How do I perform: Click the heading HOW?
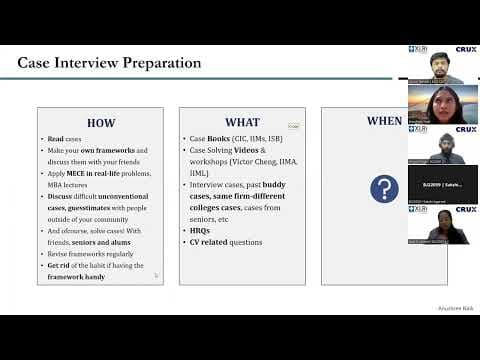[101, 123]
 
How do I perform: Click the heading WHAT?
[242, 123]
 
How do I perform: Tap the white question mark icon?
[384, 188]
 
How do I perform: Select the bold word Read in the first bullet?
[57, 138]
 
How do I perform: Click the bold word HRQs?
[200, 230]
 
